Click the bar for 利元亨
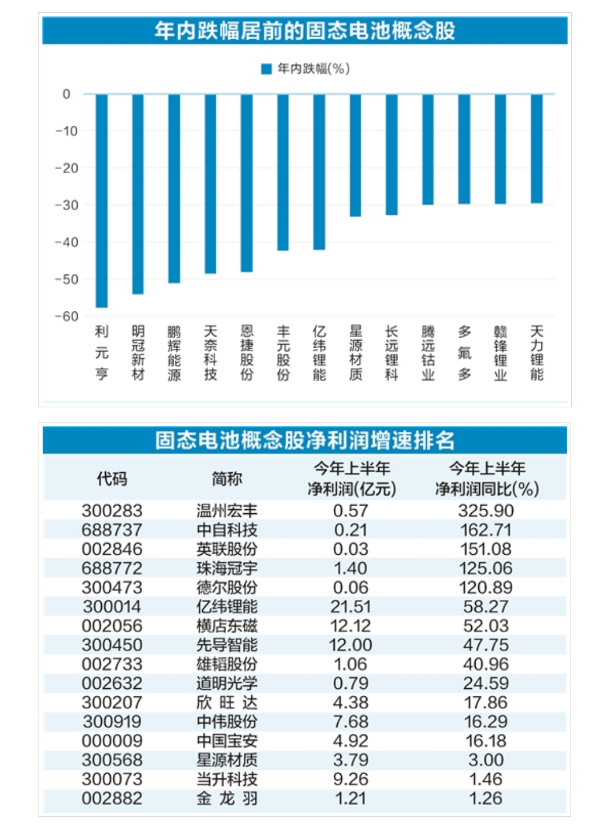[x=102, y=200]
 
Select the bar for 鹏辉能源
[x=174, y=188]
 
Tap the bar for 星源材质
[x=355, y=155]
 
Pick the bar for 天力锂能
[x=537, y=149]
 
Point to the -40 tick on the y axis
[x=66, y=242]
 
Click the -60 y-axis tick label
[x=66, y=317]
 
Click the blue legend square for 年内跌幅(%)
[x=267, y=69]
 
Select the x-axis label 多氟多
[x=464, y=353]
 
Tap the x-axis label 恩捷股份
[x=247, y=353]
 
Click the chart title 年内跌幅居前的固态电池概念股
[x=305, y=30]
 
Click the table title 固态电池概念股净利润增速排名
[x=305, y=440]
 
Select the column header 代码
[x=112, y=479]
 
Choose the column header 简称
[x=227, y=479]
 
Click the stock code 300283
[x=112, y=510]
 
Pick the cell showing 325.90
[x=486, y=510]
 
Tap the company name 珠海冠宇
[x=227, y=568]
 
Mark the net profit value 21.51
[x=350, y=607]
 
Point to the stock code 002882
[x=112, y=798]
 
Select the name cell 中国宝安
[x=227, y=741]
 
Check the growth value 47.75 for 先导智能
[x=486, y=645]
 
